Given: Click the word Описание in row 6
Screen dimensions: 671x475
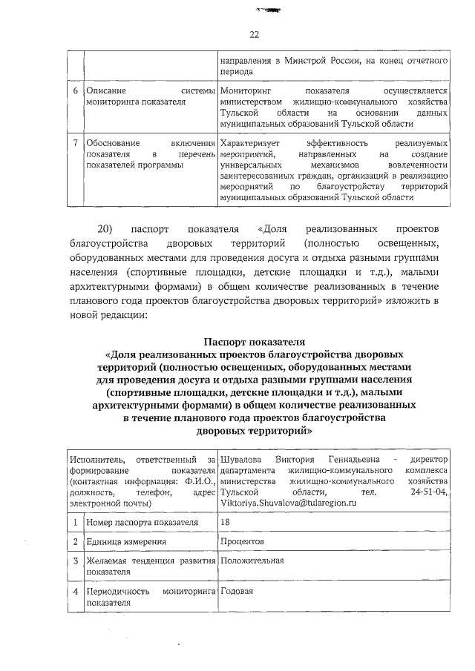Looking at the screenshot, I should [x=105, y=90].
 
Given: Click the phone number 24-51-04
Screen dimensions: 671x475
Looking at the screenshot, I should [x=429, y=491].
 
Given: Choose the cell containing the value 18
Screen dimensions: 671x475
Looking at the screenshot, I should [x=226, y=522].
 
